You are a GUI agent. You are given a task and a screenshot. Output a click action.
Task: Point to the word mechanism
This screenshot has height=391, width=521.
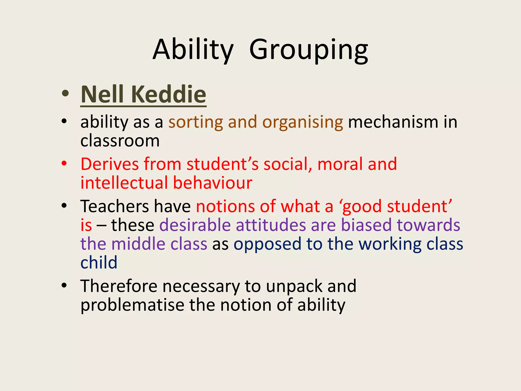click(x=393, y=122)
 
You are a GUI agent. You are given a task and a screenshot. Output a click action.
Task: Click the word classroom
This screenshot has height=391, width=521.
click(x=120, y=141)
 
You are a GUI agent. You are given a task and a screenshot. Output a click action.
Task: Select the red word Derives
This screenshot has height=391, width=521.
click(x=110, y=164)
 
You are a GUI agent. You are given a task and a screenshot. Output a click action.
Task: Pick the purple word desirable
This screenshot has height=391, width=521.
click(x=195, y=225)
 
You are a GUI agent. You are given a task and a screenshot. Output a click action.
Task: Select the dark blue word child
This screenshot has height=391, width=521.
click(x=99, y=263)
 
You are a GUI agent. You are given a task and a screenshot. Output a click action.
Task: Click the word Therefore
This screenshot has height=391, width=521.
click(x=119, y=286)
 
